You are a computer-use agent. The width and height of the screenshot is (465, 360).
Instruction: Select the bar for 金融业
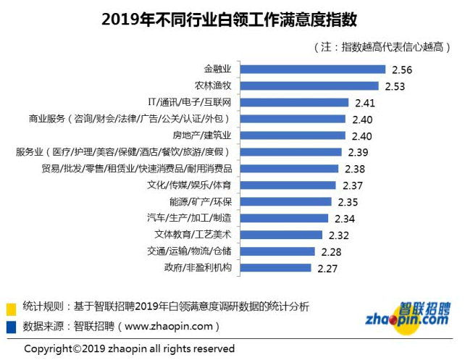pos(312,70)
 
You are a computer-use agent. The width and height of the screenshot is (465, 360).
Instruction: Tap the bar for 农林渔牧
pos(311,86)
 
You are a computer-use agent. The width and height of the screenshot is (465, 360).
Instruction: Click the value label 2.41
pos(364,103)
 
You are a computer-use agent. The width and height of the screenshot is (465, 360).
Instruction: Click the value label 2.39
pos(358,152)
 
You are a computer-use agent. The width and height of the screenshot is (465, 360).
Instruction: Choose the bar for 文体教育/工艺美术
pos(282,235)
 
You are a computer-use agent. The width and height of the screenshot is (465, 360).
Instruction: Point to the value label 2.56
pos(401,70)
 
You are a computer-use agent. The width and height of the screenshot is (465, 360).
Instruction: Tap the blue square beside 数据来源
pos(12,326)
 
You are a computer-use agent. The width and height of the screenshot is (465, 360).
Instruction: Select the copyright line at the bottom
pos(130,348)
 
